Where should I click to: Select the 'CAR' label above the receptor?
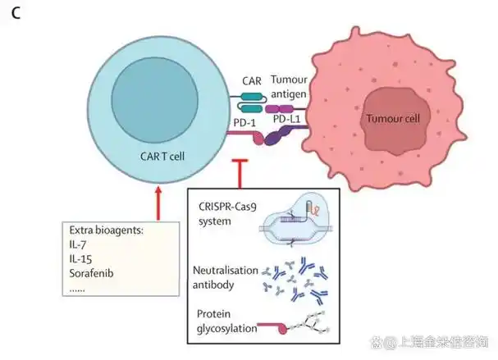click(252, 81)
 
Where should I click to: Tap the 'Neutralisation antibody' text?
click(225, 277)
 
